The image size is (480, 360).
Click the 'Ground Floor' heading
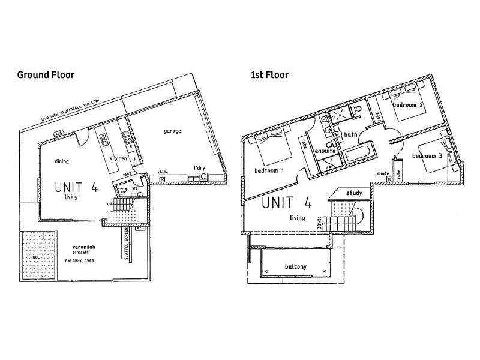coord(46,75)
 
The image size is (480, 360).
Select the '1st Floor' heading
coord(269,75)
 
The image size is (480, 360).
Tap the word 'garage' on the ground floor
coord(172,131)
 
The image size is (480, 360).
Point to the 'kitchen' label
coord(118,158)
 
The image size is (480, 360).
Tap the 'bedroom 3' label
coord(427,157)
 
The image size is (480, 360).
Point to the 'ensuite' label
coord(325,151)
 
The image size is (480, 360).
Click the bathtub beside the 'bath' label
coord(358,153)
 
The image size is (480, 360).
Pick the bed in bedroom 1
coord(274,146)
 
